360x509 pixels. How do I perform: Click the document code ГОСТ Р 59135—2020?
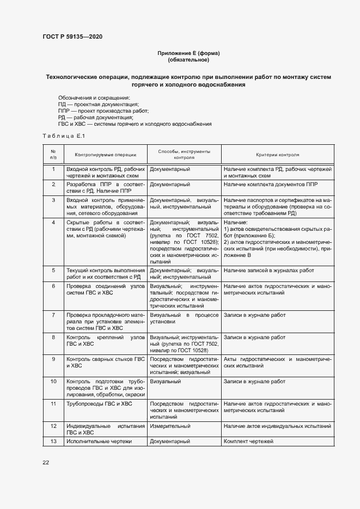[x=72, y=36]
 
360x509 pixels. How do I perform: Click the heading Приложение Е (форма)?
[x=188, y=53]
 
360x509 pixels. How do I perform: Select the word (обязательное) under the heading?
[x=188, y=60]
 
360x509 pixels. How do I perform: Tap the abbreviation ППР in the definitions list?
[x=64, y=111]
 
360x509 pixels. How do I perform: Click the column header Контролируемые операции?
[x=106, y=155]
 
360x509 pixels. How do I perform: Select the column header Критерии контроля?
[x=277, y=155]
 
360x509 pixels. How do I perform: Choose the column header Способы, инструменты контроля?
[x=184, y=155]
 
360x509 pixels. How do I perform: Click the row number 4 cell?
[x=53, y=223]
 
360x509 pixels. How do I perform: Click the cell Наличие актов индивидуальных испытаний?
[x=277, y=426]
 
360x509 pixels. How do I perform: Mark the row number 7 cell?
[x=53, y=315]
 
